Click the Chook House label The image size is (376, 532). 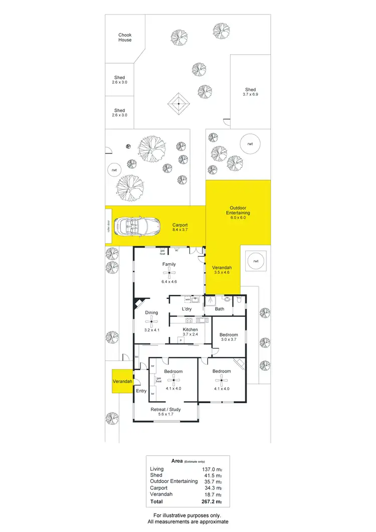tap(125, 38)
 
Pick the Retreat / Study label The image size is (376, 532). tap(165, 409)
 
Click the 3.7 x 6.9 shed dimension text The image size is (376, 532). tap(250, 94)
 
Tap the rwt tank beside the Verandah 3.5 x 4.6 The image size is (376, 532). tap(256, 261)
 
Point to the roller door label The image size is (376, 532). tap(108, 227)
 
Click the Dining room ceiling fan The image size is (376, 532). tap(151, 323)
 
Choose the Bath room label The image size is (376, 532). tap(220, 309)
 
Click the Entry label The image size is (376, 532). tap(141, 391)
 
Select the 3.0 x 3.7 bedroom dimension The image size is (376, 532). tap(228, 339)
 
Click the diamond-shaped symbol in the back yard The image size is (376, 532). tap(178, 104)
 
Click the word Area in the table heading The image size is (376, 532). tap(176, 461)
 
